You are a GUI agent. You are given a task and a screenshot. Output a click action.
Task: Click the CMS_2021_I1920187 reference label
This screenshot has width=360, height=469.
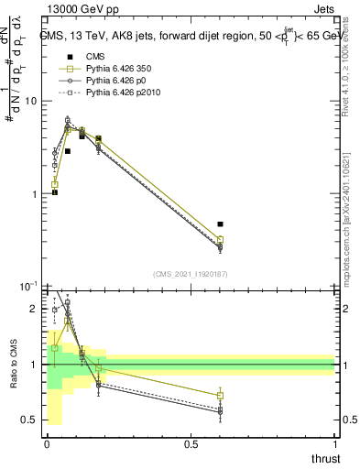pyautogui.click(x=191, y=273)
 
